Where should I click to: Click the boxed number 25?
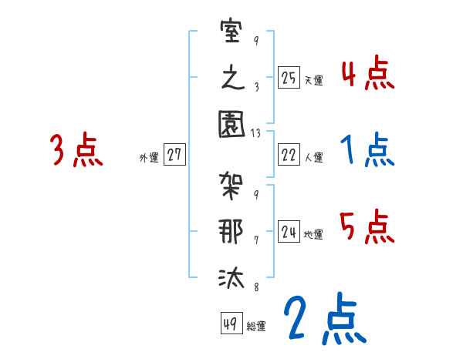289,78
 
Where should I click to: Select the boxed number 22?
289,156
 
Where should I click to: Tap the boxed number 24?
289,232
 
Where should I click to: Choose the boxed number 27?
174,156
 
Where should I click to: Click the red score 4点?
367,75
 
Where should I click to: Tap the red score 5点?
367,227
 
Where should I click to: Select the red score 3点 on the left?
76,150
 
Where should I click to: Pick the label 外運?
148,157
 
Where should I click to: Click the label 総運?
255,326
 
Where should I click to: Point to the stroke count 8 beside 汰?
255,287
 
